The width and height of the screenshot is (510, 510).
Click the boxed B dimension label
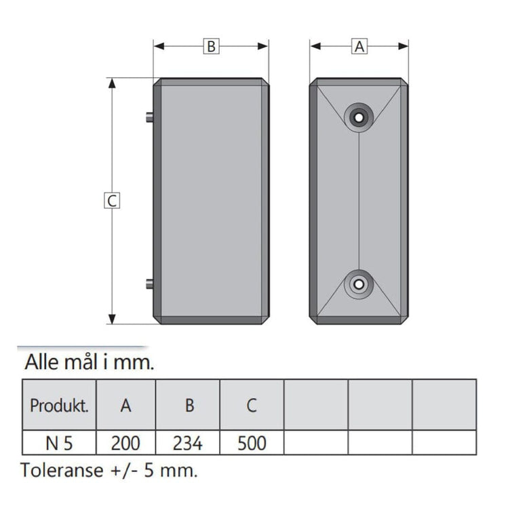pos(212,46)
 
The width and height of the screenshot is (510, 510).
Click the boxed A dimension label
pos(359,46)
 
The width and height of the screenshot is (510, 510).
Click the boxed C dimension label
pos(112,200)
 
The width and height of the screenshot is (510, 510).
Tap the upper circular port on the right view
pos(359,117)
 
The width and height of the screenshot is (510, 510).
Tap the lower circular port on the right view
pos(359,284)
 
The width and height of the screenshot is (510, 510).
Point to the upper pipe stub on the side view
pos(150,117)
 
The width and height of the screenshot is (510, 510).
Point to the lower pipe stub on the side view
pos(150,284)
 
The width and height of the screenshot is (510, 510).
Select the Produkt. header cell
pos(59,405)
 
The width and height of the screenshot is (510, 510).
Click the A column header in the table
pos(126,405)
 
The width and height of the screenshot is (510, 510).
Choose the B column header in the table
pos(190,406)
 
